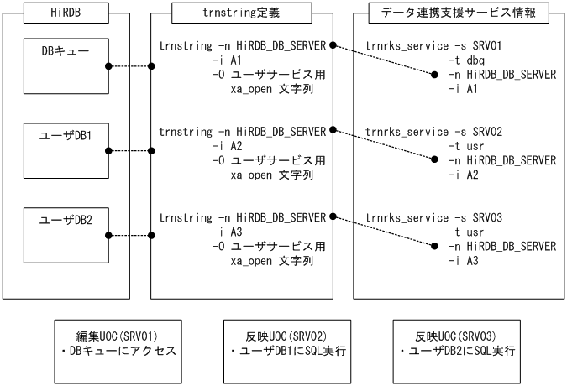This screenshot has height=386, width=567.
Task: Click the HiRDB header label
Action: point(66,13)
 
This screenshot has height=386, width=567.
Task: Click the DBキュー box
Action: point(66,66)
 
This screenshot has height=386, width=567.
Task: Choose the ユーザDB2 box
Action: point(66,236)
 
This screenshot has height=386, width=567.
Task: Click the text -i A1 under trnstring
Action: point(227,61)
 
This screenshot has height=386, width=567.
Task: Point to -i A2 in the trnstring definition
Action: point(227,146)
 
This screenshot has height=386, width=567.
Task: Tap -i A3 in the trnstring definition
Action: point(227,231)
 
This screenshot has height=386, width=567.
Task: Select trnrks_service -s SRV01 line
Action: point(433,46)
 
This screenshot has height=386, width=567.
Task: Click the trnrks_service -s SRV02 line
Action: point(433,132)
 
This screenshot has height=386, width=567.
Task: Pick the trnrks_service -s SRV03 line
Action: point(433,217)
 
